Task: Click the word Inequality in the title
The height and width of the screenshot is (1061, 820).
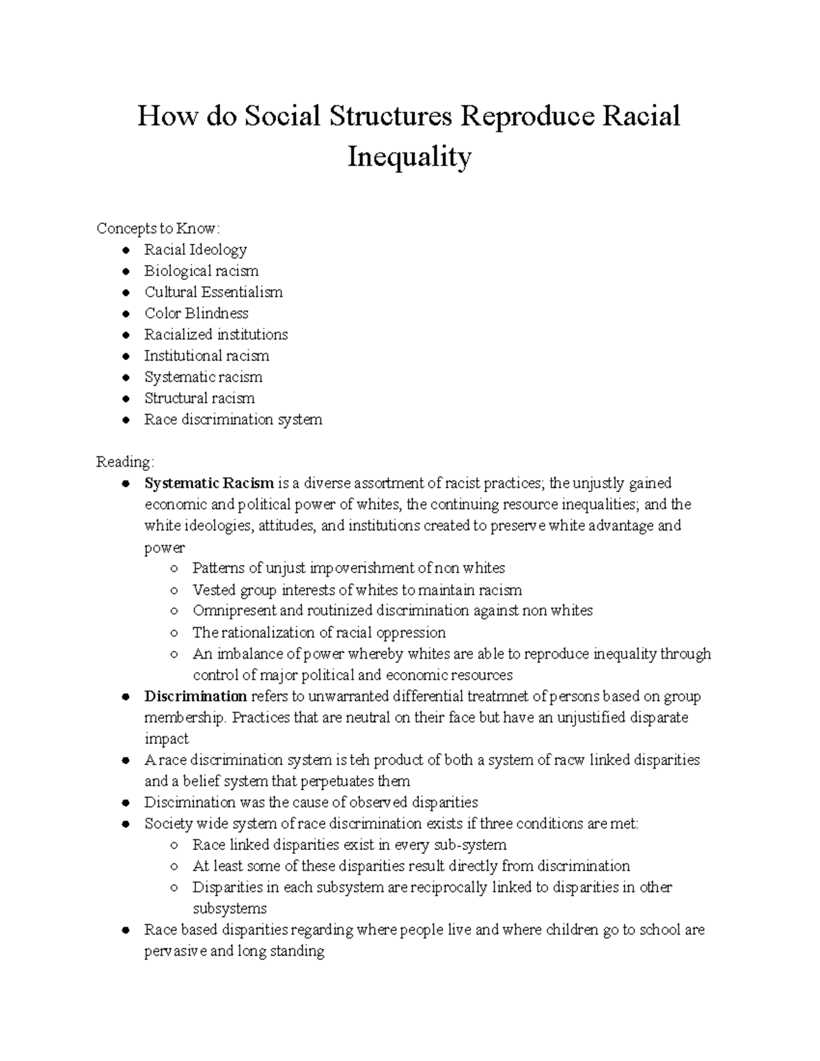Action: pyautogui.click(x=409, y=157)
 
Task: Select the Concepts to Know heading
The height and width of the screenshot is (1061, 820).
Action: pyautogui.click(x=159, y=228)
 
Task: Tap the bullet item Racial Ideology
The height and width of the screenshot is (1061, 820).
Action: pyautogui.click(x=195, y=249)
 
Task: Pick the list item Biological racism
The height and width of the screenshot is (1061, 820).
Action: pyautogui.click(x=201, y=271)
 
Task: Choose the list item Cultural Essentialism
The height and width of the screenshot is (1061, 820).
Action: pyautogui.click(x=213, y=292)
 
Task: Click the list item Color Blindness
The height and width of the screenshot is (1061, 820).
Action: pyautogui.click(x=196, y=313)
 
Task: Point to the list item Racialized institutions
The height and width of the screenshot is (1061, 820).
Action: pyautogui.click(x=216, y=334)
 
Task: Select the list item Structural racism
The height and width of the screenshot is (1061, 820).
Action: pyautogui.click(x=200, y=398)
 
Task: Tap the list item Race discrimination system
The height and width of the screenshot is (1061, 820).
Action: pyautogui.click(x=233, y=419)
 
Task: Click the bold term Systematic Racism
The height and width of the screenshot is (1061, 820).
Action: pyautogui.click(x=209, y=483)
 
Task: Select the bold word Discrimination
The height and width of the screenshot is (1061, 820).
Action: pyautogui.click(x=195, y=696)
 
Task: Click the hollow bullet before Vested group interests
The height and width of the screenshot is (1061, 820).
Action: pyautogui.click(x=176, y=590)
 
